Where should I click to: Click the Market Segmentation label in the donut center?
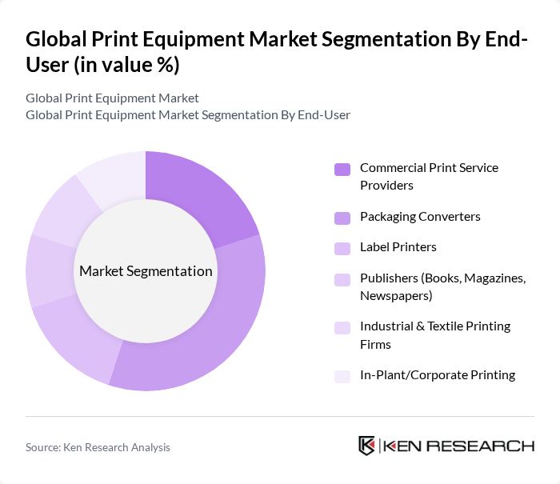[146, 271]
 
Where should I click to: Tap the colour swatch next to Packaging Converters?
[342, 218]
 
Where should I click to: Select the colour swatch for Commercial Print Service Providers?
[342, 169]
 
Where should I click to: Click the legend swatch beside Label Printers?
[342, 248]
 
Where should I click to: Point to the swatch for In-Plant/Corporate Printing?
[342, 376]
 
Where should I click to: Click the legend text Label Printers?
[398, 247]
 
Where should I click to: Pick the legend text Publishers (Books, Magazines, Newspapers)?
[442, 287]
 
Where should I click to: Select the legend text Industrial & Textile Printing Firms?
[434, 335]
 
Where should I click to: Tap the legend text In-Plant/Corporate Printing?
[438, 375]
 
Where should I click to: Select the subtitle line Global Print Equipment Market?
[112, 98]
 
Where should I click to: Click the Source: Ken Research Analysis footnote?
[98, 448]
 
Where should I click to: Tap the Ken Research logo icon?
[367, 446]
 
